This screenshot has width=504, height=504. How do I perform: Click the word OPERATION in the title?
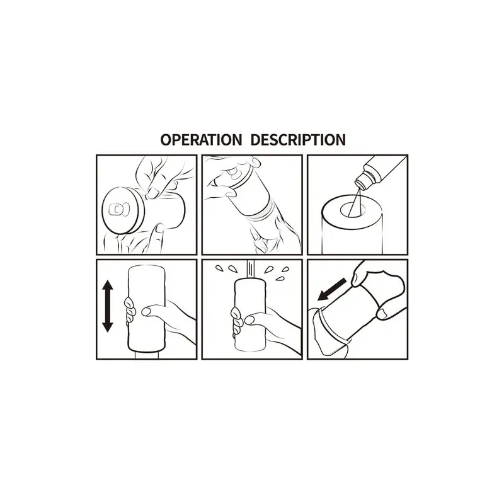201,140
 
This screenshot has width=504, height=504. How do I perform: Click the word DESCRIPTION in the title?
298,140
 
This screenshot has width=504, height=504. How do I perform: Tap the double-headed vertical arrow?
107,306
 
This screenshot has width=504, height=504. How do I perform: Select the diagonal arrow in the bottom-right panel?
332,290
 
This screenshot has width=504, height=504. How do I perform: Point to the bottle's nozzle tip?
359,185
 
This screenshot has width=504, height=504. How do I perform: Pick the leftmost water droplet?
219,268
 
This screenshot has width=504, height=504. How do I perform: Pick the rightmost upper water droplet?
285,269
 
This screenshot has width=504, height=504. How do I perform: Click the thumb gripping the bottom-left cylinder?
153,311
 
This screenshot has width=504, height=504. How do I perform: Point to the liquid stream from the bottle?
355,202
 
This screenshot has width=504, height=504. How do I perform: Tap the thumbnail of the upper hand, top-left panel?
152,193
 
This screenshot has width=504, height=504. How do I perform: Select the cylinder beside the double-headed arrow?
147,309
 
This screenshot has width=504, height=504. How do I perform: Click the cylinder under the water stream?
250,315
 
